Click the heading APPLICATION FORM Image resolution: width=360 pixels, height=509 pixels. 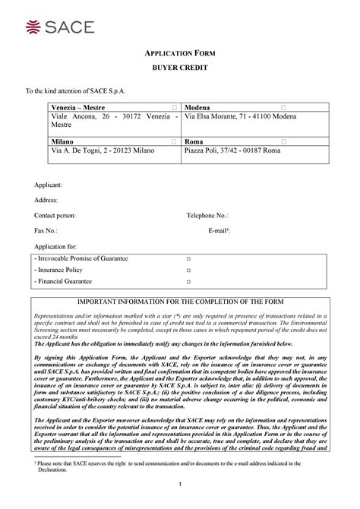pos(180,54)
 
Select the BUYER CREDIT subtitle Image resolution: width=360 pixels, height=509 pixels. pos(180,68)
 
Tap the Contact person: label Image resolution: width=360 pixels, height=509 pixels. pos(55,215)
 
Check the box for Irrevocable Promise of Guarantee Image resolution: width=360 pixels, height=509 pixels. pos(188,260)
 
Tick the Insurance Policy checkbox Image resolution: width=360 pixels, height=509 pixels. pos(188,270)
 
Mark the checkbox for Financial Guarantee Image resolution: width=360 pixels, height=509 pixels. pos(188,282)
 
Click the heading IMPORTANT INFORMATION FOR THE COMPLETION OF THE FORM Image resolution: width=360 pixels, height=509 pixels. pos(180,302)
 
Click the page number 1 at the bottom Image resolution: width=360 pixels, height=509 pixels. pos(180,485)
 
